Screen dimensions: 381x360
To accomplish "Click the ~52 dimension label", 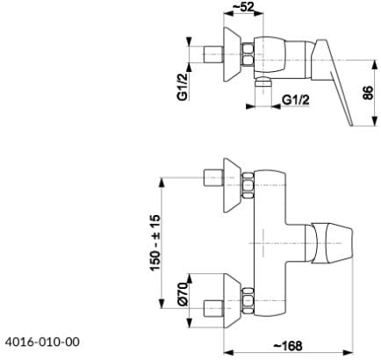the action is click(243, 6).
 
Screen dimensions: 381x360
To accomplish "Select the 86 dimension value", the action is click(368, 93).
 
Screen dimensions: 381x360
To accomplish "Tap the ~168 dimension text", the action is click(288, 346).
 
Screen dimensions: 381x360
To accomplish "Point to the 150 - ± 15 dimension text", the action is click(155, 242).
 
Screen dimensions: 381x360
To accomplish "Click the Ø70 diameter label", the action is click(183, 294).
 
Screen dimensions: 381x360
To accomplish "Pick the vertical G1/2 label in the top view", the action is click(183, 86).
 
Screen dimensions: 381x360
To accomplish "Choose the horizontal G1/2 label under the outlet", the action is click(296, 100).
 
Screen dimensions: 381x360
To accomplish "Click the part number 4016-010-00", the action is click(42, 342).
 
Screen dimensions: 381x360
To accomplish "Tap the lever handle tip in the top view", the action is click(352, 126).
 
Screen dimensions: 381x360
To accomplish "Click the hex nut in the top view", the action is click(248, 55).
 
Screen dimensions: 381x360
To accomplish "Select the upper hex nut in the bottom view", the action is click(248, 185).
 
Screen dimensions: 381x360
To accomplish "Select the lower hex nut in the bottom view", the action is click(248, 300).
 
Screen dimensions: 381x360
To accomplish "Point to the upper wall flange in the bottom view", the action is click(233, 185).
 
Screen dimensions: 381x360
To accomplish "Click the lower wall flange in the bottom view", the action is click(233, 300).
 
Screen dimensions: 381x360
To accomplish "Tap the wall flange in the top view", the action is click(233, 54).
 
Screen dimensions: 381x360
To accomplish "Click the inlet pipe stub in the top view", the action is click(213, 54).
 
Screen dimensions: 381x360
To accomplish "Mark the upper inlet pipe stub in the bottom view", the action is click(213, 177).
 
